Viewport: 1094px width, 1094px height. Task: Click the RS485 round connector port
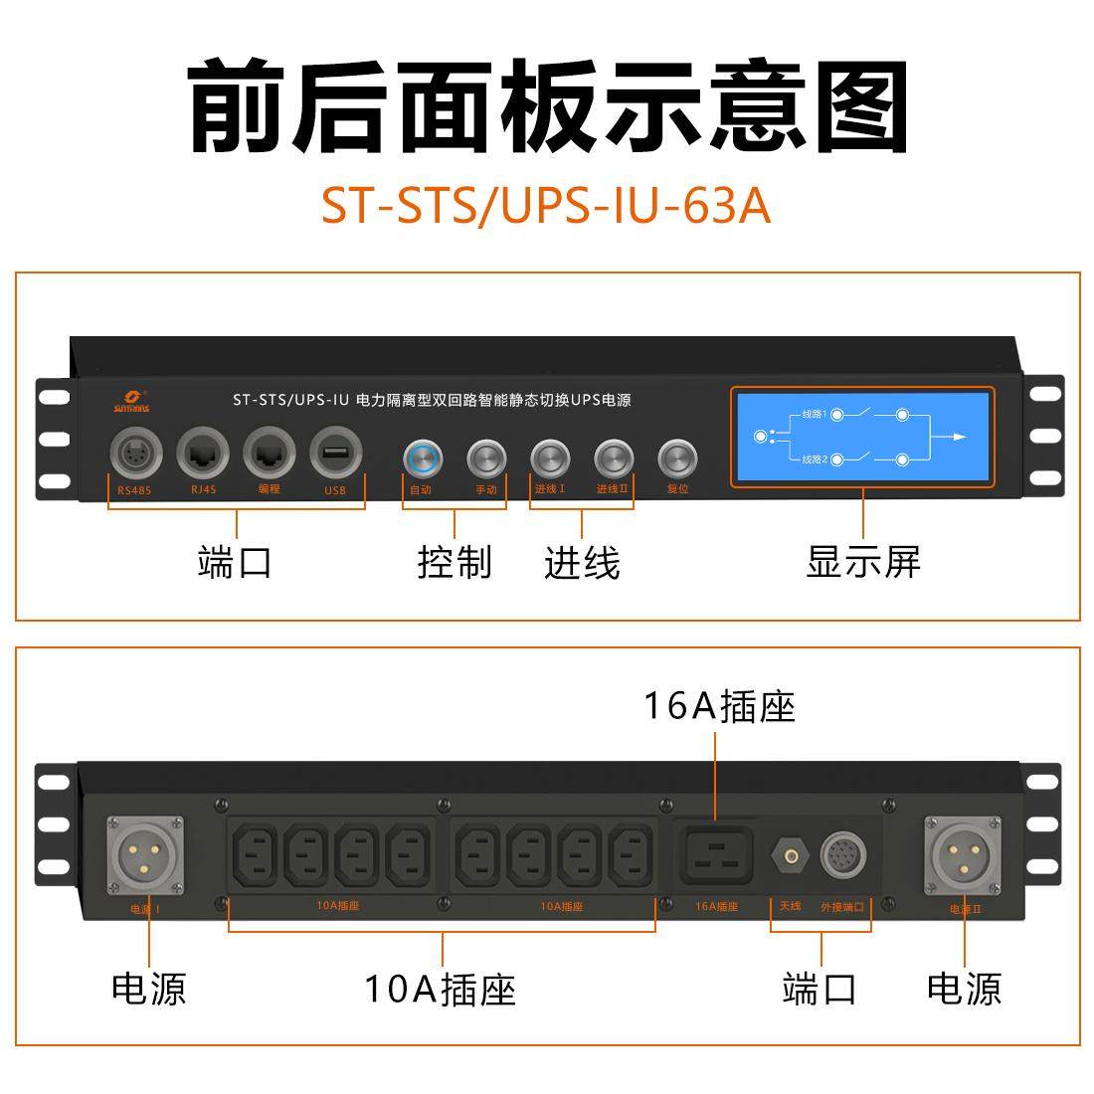tap(134, 455)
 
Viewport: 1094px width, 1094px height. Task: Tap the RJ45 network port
tap(202, 455)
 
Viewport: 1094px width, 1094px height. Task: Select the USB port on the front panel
tap(336, 455)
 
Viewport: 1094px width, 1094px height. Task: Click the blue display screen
tap(862, 437)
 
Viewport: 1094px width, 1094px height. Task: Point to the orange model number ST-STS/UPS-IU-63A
tap(546, 206)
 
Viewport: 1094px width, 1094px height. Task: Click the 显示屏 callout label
tap(863, 562)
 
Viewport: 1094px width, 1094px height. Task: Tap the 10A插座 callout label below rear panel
tap(440, 989)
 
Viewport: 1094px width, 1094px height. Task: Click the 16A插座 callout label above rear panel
tap(719, 706)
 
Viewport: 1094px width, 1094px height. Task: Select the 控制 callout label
tap(455, 562)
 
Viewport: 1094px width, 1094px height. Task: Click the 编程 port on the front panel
tap(269, 455)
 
